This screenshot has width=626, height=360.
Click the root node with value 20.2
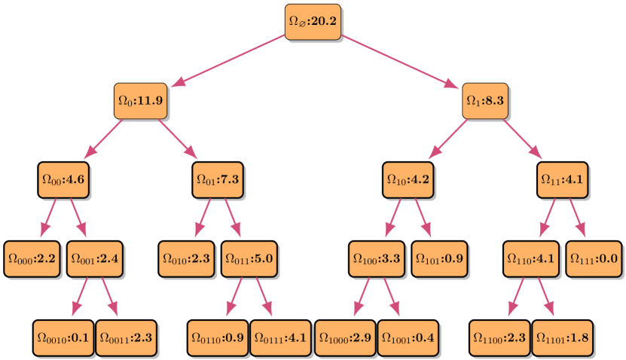click(x=312, y=21)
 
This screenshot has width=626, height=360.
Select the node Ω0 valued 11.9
click(x=139, y=100)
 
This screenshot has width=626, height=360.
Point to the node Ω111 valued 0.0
click(x=593, y=258)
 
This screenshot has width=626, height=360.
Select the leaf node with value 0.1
click(x=63, y=337)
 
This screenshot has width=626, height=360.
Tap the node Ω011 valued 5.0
click(x=248, y=258)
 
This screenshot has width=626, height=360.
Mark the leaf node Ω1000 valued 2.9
click(x=344, y=337)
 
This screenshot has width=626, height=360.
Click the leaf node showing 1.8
click(x=561, y=337)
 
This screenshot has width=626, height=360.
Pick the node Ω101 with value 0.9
click(x=438, y=258)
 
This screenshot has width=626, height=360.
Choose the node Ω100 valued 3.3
click(x=375, y=258)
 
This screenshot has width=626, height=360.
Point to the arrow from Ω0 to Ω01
click(x=179, y=140)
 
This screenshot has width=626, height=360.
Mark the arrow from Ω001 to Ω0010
click(x=79, y=297)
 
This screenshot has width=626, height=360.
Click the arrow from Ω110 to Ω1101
click(x=546, y=297)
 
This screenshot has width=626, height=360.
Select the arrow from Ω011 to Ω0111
click(x=264, y=297)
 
